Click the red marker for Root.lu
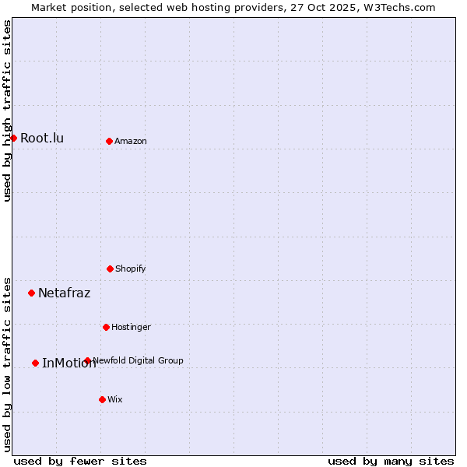tap(13, 138)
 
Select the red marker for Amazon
tap(109, 141)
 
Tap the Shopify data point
tap(110, 269)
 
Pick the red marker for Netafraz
tap(31, 293)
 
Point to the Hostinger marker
tap(106, 327)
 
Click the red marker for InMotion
tap(35, 363)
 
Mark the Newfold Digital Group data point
tap(87, 360)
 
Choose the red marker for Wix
tap(102, 399)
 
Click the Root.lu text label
tap(42, 139)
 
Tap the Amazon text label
tap(131, 141)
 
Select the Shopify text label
tap(131, 269)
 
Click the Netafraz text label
tap(64, 293)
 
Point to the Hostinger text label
tap(131, 327)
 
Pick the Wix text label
tap(115, 399)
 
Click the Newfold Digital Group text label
tap(139, 360)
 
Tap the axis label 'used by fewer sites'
tap(80, 461)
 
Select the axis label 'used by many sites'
tap(391, 461)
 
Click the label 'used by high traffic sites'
tap(7, 111)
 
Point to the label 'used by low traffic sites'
tap(7, 364)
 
